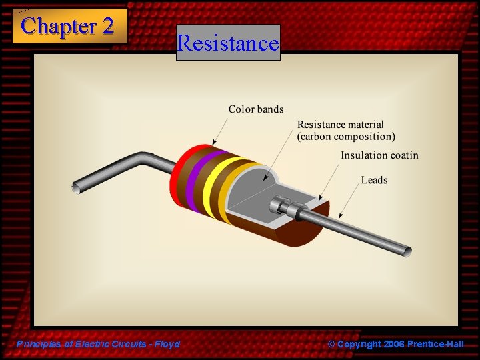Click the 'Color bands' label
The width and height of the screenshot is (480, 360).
click(256, 109)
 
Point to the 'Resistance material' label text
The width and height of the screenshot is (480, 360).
click(340, 125)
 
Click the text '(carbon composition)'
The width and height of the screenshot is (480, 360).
click(346, 137)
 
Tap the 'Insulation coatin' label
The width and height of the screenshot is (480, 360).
click(379, 155)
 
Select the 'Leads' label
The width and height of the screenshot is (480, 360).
click(374, 180)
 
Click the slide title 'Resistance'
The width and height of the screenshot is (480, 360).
click(228, 43)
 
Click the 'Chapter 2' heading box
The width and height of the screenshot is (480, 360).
click(69, 26)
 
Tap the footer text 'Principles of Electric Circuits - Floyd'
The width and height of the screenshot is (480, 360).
click(99, 344)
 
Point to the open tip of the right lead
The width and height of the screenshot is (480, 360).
click(406, 252)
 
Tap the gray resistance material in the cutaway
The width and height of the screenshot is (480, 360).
click(260, 193)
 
